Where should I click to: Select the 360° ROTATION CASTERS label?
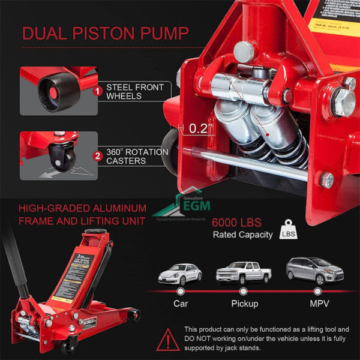pos(137,156)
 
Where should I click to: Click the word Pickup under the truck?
pos(245,304)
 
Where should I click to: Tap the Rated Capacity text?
pos(242,235)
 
